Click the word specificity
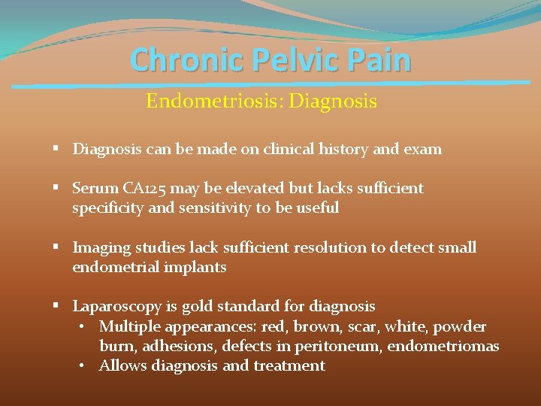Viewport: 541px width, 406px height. pos(107,208)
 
